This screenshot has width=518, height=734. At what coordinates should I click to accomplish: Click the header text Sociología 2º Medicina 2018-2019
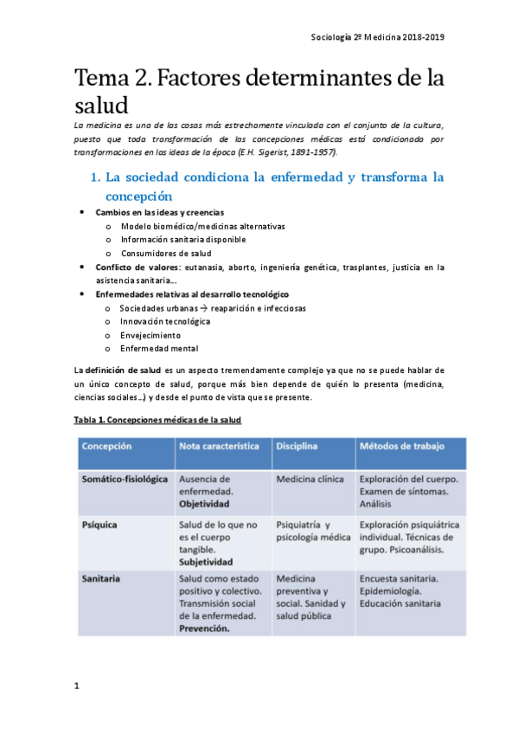(377, 37)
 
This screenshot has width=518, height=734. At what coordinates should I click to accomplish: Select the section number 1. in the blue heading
(96, 177)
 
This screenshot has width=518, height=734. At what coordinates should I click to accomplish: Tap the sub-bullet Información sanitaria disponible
(182, 239)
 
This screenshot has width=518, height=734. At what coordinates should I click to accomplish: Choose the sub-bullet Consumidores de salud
(165, 253)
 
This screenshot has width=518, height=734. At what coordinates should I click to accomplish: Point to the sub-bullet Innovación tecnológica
(164, 321)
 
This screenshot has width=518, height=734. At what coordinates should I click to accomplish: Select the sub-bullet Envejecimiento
(150, 335)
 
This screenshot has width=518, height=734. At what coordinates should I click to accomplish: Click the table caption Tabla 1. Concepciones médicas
(157, 420)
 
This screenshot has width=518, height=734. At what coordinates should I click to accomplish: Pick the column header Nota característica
(218, 446)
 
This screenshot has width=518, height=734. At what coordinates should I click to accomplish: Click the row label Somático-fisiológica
(124, 478)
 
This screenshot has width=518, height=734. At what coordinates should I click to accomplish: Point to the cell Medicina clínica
(310, 478)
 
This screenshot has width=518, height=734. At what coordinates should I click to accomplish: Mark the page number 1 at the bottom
(77, 686)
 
